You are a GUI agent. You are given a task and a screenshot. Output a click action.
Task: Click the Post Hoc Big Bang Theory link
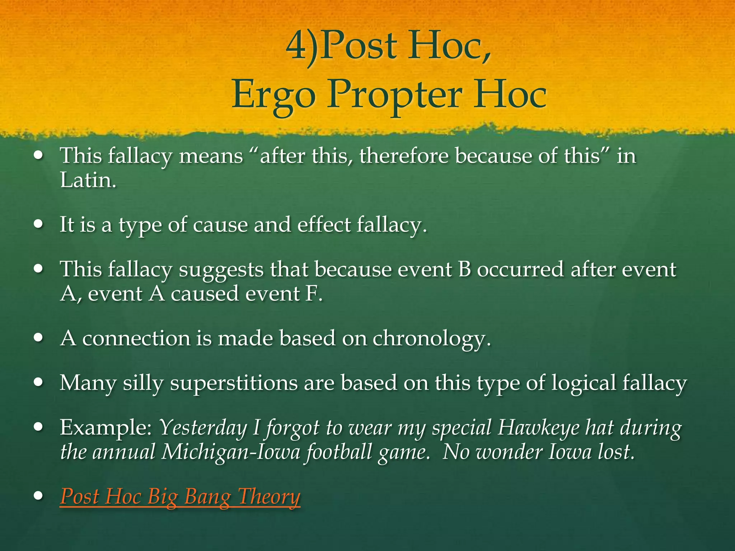180,497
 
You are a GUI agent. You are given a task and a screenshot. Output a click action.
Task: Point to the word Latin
88,180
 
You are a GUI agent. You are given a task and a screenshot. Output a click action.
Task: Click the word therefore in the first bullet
404,156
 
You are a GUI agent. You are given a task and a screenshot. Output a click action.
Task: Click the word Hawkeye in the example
538,428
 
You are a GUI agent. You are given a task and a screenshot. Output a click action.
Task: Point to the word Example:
106,428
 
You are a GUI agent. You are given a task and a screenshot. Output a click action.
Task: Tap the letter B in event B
464,270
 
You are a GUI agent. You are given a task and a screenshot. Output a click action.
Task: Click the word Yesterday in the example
203,428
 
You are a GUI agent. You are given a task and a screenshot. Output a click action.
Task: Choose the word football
337,452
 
